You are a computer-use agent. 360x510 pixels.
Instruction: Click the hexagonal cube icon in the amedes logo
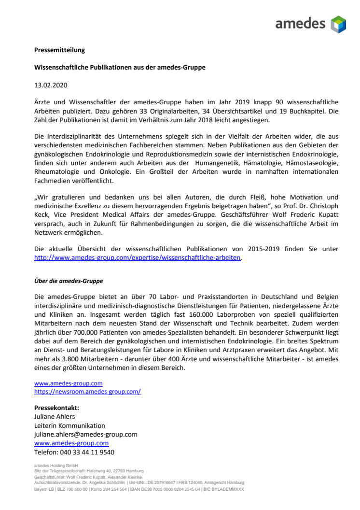338,24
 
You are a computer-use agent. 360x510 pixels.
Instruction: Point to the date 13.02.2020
51,85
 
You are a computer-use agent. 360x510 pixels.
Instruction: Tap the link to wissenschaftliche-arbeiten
137,258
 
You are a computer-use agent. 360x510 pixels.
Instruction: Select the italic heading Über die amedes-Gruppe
68,281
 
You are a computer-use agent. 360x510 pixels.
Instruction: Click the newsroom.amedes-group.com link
87,392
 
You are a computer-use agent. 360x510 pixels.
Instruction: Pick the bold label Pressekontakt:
56,408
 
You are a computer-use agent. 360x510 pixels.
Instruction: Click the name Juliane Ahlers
55,416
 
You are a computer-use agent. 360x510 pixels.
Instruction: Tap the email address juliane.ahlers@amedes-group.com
85,434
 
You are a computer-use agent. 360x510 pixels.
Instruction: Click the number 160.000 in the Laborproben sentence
166,313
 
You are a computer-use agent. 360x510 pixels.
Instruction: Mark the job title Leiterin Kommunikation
69,425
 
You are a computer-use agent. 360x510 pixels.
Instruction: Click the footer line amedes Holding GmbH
53,466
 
